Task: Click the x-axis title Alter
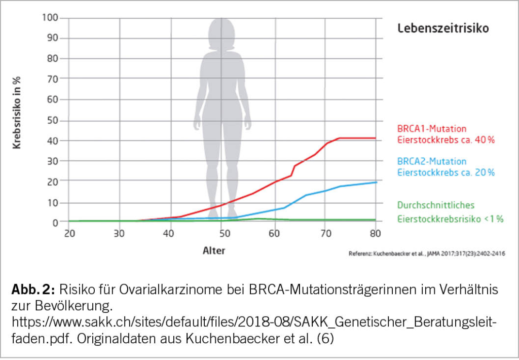pos(214,250)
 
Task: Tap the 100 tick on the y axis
pos(52,18)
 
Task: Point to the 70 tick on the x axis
pos(325,234)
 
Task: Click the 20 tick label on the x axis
pos(69,234)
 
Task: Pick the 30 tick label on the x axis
pos(120,234)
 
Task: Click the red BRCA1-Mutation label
pos(431,128)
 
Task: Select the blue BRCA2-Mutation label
pos(431,161)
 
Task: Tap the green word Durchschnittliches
pos(435,205)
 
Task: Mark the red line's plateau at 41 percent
pos(357,138)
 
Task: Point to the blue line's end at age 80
pos(375,182)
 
